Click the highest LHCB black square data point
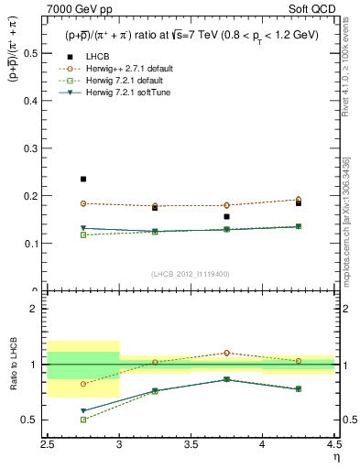[83, 179]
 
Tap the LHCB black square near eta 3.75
[226, 217]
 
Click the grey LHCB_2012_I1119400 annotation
[191, 274]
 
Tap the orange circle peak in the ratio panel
[226, 353]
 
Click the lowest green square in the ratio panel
[83, 420]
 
